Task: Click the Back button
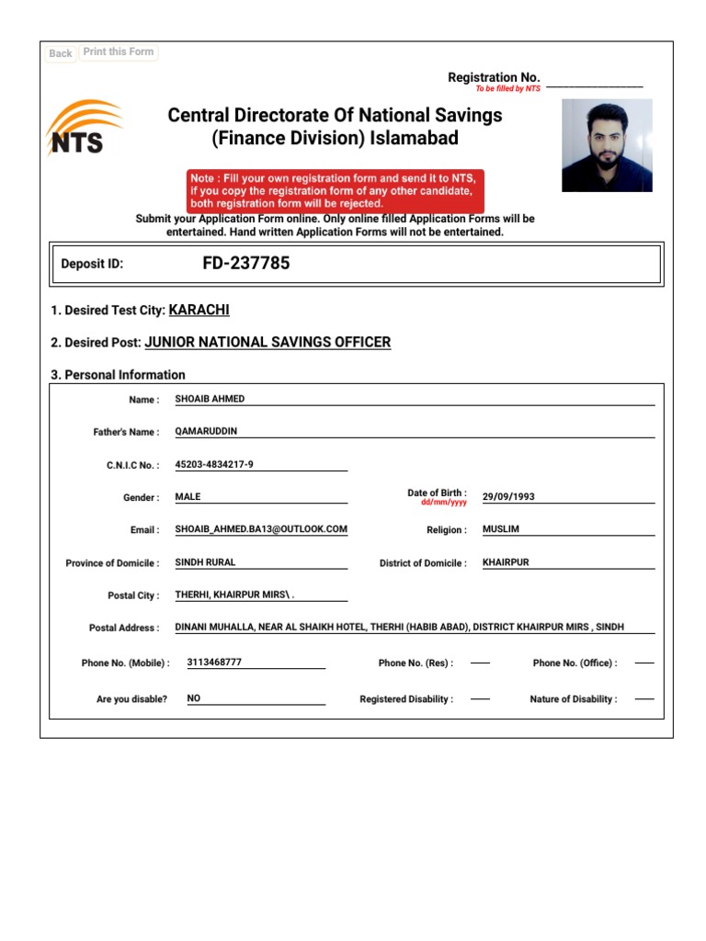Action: [x=61, y=53]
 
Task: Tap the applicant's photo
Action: [x=607, y=145]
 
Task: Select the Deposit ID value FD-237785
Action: [x=245, y=264]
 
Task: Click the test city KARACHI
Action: [x=199, y=311]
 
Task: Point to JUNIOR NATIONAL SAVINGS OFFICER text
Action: [x=268, y=342]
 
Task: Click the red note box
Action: [x=336, y=190]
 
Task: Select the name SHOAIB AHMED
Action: [x=210, y=399]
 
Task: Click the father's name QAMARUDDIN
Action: [x=206, y=431]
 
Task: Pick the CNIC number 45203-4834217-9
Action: [x=214, y=464]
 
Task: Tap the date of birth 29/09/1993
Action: [x=508, y=496]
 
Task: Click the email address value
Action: [x=261, y=529]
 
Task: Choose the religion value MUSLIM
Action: [x=501, y=529]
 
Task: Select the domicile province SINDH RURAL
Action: [x=205, y=562]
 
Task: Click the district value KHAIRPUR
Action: [x=506, y=562]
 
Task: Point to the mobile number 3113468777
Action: [x=214, y=662]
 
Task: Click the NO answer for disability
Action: [x=194, y=698]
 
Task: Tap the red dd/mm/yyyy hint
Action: [x=444, y=503]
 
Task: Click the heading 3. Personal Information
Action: [x=119, y=375]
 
